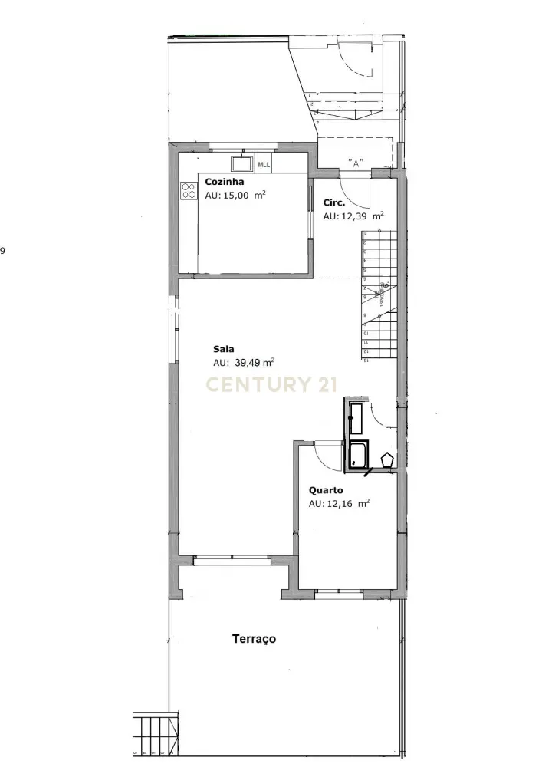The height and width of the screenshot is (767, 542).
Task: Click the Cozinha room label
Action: (225, 183)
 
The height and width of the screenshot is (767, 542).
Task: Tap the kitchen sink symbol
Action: (242, 164)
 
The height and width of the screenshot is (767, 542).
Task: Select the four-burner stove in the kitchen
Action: (189, 189)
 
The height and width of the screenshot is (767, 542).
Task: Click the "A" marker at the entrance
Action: (355, 163)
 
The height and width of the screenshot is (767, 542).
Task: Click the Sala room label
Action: (223, 349)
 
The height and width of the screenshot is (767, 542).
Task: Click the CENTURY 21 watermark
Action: (270, 384)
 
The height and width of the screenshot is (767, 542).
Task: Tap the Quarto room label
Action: (326, 490)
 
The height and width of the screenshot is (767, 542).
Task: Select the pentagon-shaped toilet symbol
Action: (387, 459)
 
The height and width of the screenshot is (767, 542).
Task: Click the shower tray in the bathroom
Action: (358, 455)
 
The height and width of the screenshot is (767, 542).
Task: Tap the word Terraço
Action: (254, 638)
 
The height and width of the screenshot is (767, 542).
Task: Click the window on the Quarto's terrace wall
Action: (339, 592)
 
